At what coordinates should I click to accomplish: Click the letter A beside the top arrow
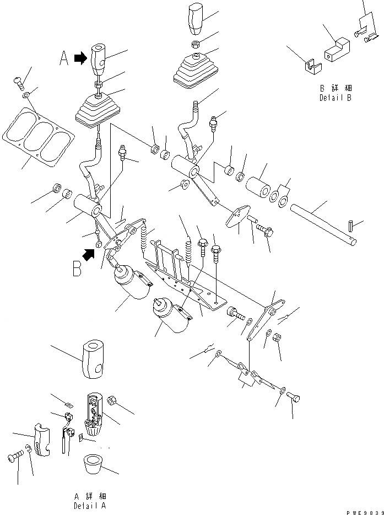tap(65, 58)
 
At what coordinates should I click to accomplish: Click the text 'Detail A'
tap(90, 505)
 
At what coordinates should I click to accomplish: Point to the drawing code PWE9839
tap(361, 511)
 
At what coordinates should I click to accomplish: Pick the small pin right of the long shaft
tap(352, 226)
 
